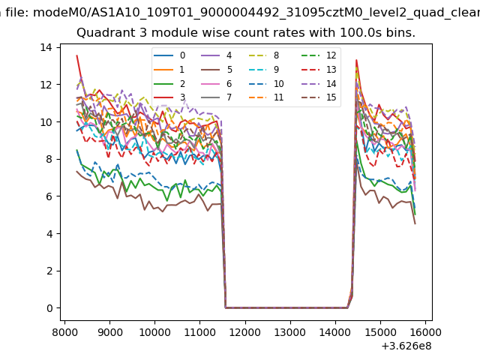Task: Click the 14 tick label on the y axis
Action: click(46, 47)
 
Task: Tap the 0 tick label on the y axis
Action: click(48, 308)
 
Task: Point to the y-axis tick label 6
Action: click(48, 196)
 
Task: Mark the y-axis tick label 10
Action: click(46, 122)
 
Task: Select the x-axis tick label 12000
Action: click(245, 331)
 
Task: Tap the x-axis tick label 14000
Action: click(335, 331)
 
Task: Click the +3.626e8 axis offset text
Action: click(406, 346)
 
